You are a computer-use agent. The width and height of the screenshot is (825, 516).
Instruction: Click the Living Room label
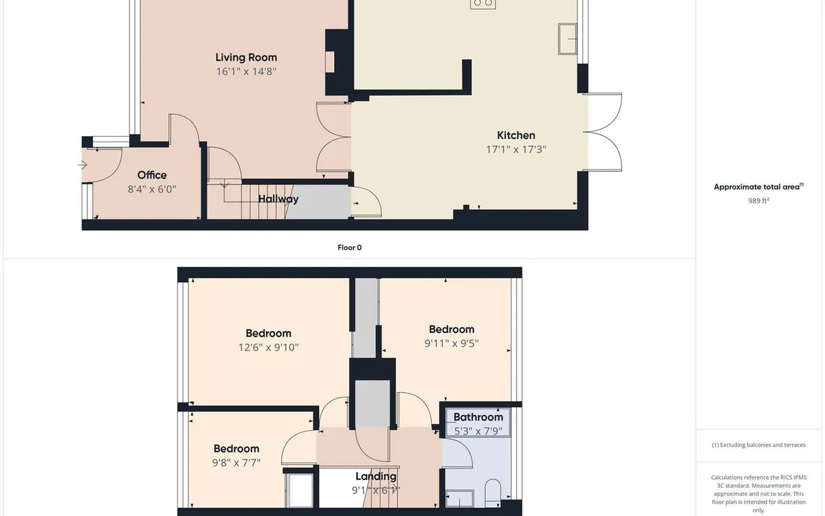(246, 57)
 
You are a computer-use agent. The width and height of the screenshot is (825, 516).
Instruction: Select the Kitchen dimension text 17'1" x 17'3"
(516, 149)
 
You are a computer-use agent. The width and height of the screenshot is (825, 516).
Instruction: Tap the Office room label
(152, 175)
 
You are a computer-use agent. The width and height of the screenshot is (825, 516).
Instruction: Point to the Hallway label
(278, 199)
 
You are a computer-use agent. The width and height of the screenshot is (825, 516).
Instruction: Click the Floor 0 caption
(349, 248)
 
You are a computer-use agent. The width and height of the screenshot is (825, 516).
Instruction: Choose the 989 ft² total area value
(758, 201)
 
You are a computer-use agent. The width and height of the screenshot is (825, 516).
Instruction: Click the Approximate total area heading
(757, 186)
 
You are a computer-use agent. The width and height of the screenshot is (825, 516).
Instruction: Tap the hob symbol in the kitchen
(483, 3)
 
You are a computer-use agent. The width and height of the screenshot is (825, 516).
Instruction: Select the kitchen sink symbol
(568, 38)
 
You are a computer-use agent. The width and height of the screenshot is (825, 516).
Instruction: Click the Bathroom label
(478, 417)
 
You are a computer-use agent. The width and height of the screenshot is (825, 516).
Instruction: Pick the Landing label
(375, 476)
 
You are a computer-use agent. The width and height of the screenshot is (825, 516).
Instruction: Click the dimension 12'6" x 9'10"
(264, 347)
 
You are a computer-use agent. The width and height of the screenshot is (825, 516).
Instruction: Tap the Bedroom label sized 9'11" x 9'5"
(452, 329)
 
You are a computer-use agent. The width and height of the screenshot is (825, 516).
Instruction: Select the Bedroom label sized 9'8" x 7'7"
(236, 449)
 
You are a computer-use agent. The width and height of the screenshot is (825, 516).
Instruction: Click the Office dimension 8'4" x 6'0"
(152, 189)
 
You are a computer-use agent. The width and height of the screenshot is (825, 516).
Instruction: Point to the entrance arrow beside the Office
(83, 165)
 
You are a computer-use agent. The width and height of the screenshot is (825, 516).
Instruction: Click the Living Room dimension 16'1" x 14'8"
(246, 71)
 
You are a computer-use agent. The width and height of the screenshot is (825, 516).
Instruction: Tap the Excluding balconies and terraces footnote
(758, 445)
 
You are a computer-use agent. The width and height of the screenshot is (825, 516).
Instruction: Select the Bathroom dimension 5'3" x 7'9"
(478, 431)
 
